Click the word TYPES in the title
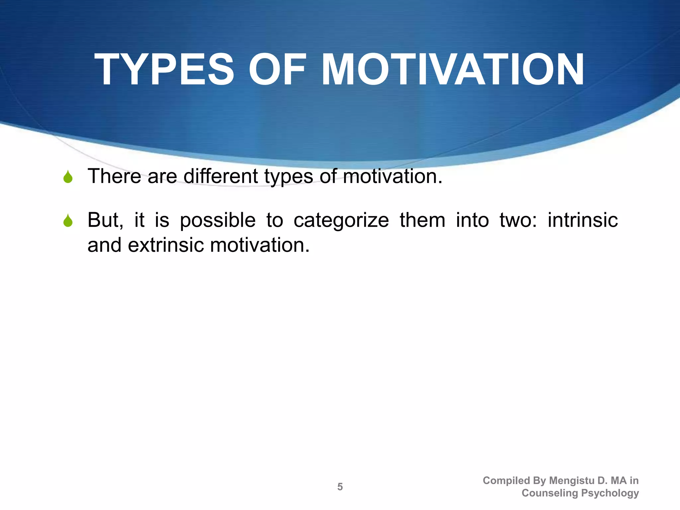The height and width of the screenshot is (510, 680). tap(164, 70)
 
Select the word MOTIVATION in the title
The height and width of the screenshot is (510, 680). tap(452, 70)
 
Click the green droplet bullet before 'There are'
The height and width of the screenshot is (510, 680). tap(68, 177)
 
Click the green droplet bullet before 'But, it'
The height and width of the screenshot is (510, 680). tap(68, 221)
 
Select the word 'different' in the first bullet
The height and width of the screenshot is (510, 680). tap(220, 176)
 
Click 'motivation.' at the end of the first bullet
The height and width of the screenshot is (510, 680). tap(392, 176)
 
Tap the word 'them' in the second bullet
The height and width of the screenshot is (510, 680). tap(422, 220)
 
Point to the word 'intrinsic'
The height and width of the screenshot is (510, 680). tap(582, 220)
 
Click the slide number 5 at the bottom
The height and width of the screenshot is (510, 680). tap(340, 487)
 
